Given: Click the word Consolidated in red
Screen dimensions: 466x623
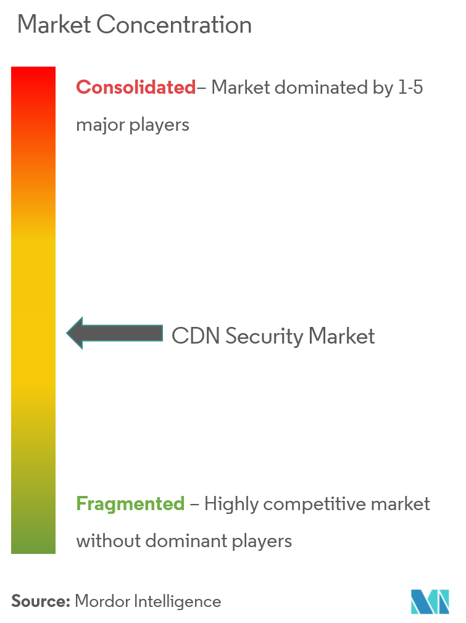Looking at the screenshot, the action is coord(136,87).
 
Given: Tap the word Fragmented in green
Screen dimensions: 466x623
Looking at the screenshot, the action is coord(130,504).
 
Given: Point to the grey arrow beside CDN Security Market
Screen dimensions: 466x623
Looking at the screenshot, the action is coord(115,333).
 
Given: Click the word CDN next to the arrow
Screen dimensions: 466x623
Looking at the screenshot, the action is coord(196,336).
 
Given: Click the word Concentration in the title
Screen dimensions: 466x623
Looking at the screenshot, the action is coord(174,25).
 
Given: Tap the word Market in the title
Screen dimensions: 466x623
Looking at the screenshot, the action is coord(54,25).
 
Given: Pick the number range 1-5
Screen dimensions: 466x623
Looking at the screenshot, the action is coord(410,88).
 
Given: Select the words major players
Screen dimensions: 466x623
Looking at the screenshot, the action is coord(133,125).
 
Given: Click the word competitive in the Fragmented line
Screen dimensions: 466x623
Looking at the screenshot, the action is coord(315,504).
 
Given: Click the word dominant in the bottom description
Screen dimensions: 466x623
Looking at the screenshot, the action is coord(186,541).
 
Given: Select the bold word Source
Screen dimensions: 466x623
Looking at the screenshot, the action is coord(41,601).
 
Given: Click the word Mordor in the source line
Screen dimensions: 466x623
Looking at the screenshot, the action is coord(102,601).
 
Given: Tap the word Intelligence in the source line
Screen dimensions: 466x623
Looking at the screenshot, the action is coord(178,602).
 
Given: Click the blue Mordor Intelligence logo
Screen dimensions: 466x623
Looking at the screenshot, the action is coord(430,601).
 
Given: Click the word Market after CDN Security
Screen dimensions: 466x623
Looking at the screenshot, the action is coord(341,336).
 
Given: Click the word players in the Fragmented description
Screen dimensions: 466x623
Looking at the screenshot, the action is coord(262,542).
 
